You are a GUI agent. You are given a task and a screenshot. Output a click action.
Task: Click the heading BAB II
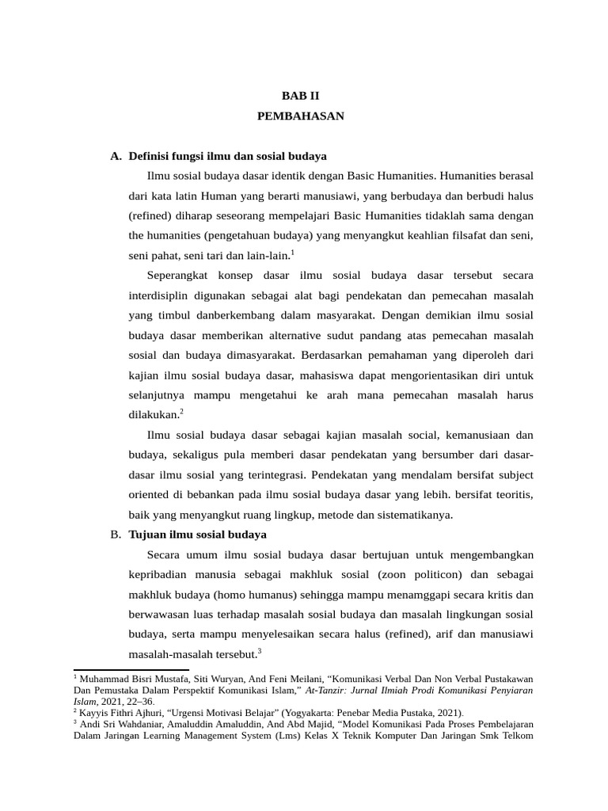(x=301, y=95)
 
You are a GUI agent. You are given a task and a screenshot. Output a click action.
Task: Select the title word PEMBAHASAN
(x=301, y=116)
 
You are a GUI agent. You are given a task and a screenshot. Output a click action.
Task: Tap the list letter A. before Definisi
(x=116, y=156)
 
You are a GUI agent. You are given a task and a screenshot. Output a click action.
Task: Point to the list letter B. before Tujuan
(x=116, y=535)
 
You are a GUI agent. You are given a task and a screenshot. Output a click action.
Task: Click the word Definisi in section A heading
(x=149, y=156)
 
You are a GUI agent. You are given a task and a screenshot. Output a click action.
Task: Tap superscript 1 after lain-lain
(x=292, y=253)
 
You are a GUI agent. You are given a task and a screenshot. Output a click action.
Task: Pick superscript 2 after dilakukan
(x=181, y=411)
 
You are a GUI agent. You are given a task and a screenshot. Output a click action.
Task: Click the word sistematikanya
(x=412, y=515)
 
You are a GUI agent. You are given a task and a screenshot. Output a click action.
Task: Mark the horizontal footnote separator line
(x=131, y=670)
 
